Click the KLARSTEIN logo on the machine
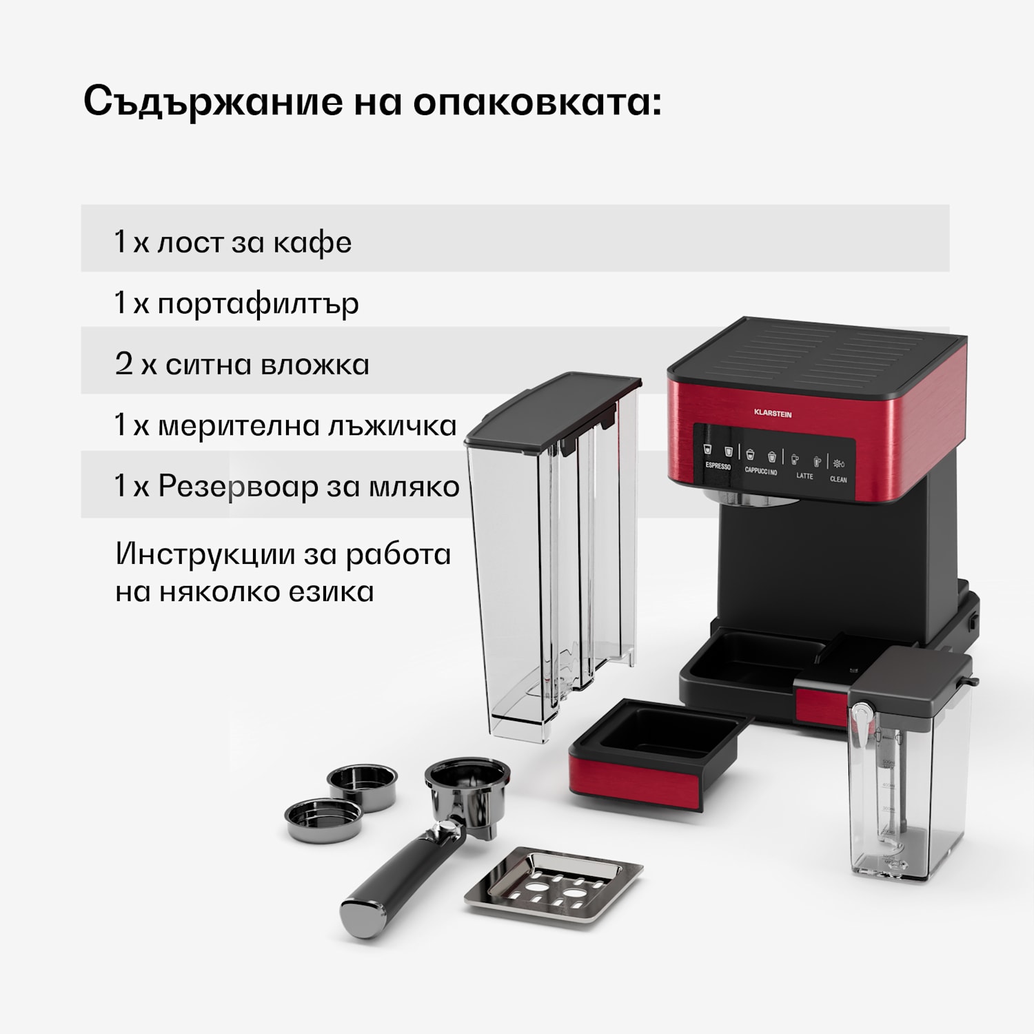coord(772,414)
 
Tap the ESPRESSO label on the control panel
coord(718,466)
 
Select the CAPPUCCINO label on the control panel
coord(761,472)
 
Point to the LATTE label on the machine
coord(804,476)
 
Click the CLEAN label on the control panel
coord(838,479)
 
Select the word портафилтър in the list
coord(258,303)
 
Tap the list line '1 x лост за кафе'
coord(233,243)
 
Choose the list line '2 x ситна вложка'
coord(242,365)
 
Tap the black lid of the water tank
coord(551,410)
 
